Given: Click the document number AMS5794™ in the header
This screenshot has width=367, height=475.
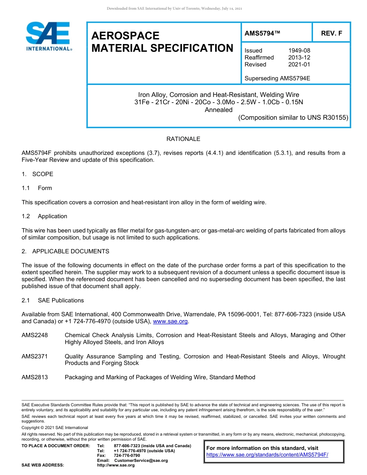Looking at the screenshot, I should (262, 34).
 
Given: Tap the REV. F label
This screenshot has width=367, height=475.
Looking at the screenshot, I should (331, 34).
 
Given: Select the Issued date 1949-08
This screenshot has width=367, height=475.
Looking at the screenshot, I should (299, 51).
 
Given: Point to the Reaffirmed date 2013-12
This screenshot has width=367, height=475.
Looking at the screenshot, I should (299, 58).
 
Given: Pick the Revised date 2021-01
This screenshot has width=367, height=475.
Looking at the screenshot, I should (299, 64).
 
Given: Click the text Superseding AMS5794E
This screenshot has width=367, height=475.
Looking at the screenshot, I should (277, 78).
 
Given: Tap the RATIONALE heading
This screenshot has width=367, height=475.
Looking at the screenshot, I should (183, 139).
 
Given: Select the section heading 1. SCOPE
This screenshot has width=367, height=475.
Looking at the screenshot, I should (37, 174).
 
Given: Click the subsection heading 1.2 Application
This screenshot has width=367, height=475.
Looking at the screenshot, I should (44, 216).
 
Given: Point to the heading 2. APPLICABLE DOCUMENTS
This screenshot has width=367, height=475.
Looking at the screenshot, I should (65, 251).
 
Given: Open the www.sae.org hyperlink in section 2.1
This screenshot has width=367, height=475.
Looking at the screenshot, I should (170, 321).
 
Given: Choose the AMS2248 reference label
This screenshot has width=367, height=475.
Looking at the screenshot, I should (35, 335).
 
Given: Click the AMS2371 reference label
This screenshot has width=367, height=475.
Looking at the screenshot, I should (35, 356).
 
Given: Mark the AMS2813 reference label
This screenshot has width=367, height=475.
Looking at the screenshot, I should (35, 377).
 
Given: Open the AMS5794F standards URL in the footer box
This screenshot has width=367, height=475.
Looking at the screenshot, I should (267, 455).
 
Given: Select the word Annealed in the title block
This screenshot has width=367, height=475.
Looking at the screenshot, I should (219, 110).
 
